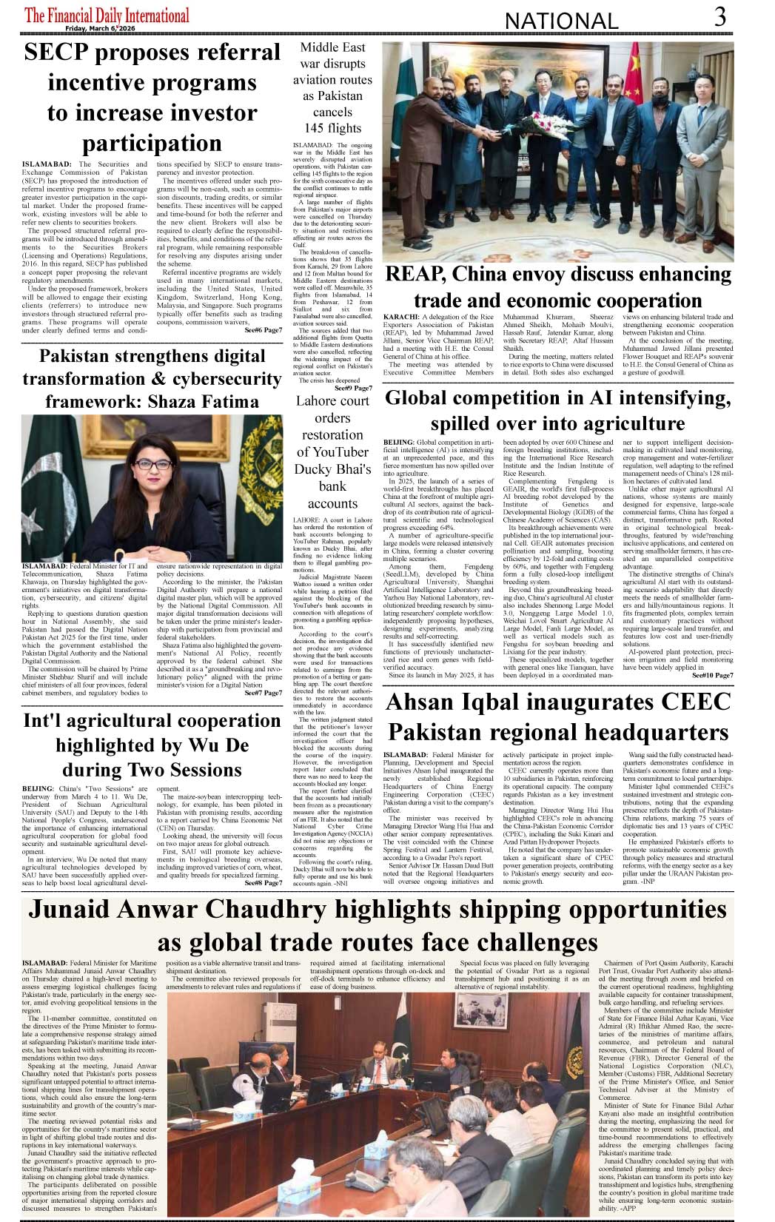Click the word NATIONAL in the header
click(560, 21)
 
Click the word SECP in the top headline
click(56, 53)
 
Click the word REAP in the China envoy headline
click(415, 274)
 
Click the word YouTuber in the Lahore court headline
click(332, 451)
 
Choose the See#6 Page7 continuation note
click(263, 329)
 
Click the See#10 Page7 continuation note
click(712, 675)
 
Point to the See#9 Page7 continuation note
click(352, 388)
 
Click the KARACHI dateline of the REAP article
click(401, 317)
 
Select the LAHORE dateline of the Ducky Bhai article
click(306, 520)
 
